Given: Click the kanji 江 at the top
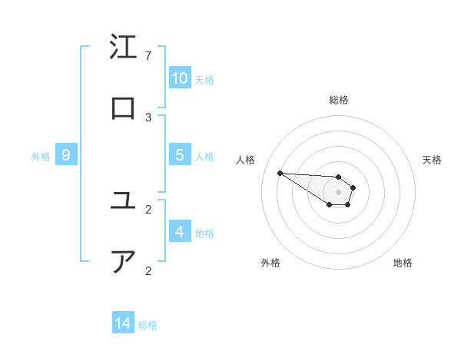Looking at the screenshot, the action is click(123, 48).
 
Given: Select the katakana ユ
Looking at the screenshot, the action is click(123, 201).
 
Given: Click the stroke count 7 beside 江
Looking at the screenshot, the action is click(148, 56).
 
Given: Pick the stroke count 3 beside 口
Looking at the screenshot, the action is click(148, 118).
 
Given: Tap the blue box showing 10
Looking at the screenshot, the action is click(180, 78).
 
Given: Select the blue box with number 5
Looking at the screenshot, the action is click(180, 155).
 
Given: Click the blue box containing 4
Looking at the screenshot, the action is click(180, 232).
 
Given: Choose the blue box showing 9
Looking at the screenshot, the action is click(66, 155).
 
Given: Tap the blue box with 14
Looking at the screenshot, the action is click(123, 323).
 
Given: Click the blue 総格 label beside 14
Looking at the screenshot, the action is click(148, 325).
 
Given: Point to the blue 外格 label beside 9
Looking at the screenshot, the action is click(41, 157).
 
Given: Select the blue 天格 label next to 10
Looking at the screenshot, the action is click(204, 80).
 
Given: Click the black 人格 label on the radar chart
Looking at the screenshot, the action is click(246, 160).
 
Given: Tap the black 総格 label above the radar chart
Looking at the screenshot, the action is click(339, 100).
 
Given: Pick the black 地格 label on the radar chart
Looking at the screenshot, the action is click(403, 263).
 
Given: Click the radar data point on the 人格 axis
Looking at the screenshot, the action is click(280, 173).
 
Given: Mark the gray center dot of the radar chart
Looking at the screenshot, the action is click(338, 192).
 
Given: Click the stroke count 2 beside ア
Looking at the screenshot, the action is click(148, 271).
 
